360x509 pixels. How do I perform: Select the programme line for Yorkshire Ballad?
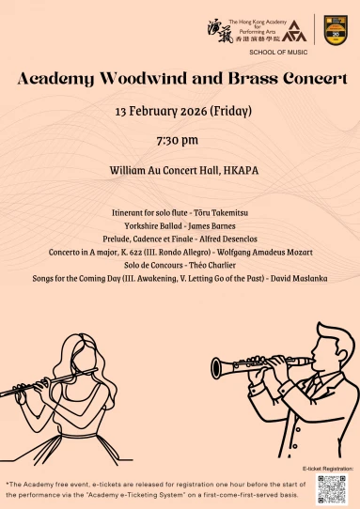click(179, 226)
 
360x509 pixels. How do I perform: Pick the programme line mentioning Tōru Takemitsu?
click(179, 213)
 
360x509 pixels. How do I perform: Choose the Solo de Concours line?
click(179, 266)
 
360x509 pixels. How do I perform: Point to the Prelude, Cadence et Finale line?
click(179, 239)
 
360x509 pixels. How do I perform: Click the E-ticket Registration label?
click(328, 467)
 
